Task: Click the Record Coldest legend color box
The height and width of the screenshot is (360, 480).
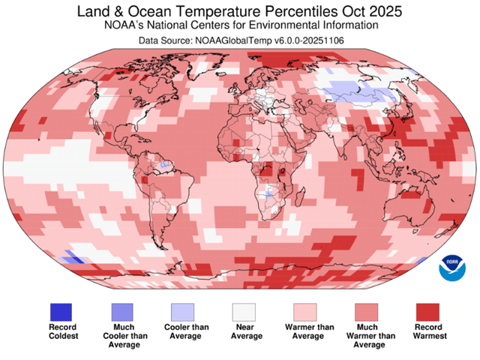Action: (61, 311)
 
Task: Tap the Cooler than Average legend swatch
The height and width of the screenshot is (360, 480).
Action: (182, 311)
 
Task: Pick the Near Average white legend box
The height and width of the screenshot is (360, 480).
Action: (243, 311)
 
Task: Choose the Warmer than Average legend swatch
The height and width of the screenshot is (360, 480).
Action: (304, 311)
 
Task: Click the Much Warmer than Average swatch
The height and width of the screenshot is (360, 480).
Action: (365, 311)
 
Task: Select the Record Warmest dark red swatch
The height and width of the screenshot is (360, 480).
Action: (426, 311)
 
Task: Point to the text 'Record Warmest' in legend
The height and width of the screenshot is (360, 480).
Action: (426, 331)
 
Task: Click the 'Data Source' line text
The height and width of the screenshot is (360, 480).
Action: (240, 40)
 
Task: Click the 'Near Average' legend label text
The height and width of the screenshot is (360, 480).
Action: (243, 331)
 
